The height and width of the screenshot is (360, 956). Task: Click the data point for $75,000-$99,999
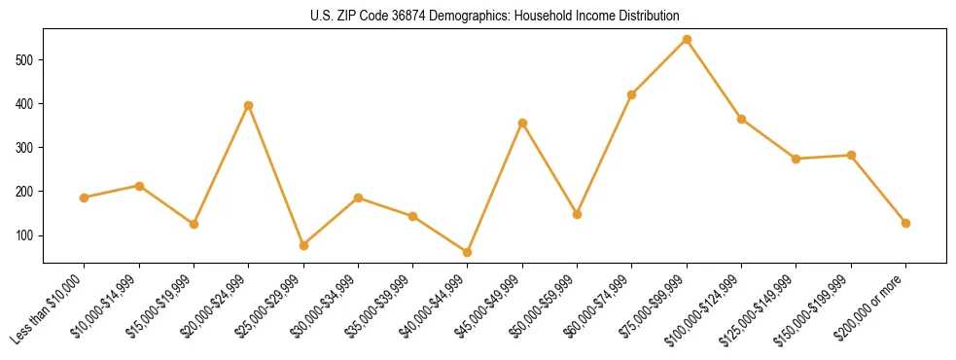coord(687,40)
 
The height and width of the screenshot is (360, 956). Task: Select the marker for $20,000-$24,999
coord(249,105)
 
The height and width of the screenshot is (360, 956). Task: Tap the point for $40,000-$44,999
coord(468,252)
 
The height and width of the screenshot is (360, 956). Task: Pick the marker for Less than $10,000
coord(85,198)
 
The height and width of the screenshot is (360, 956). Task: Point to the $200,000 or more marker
coord(905,223)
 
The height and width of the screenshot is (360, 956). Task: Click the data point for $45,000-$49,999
coord(522,124)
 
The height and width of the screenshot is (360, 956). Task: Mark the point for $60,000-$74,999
coord(632,94)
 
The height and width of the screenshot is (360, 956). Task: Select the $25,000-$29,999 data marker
coord(303,245)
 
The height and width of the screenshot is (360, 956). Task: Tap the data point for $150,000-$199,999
coord(851,155)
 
